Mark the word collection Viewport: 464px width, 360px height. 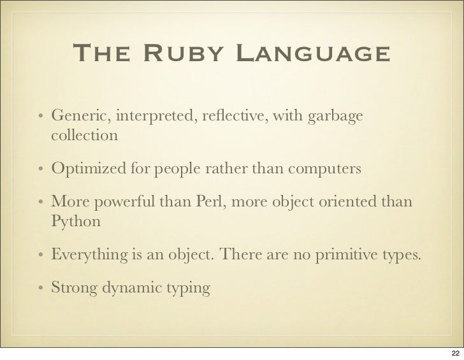pos(84,136)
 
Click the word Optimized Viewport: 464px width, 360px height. pos(88,171)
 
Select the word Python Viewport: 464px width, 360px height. pos(76,224)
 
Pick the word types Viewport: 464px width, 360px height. pos(398,257)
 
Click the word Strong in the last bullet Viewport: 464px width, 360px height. pos(72,289)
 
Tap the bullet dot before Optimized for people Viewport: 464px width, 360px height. pos(40,171)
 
